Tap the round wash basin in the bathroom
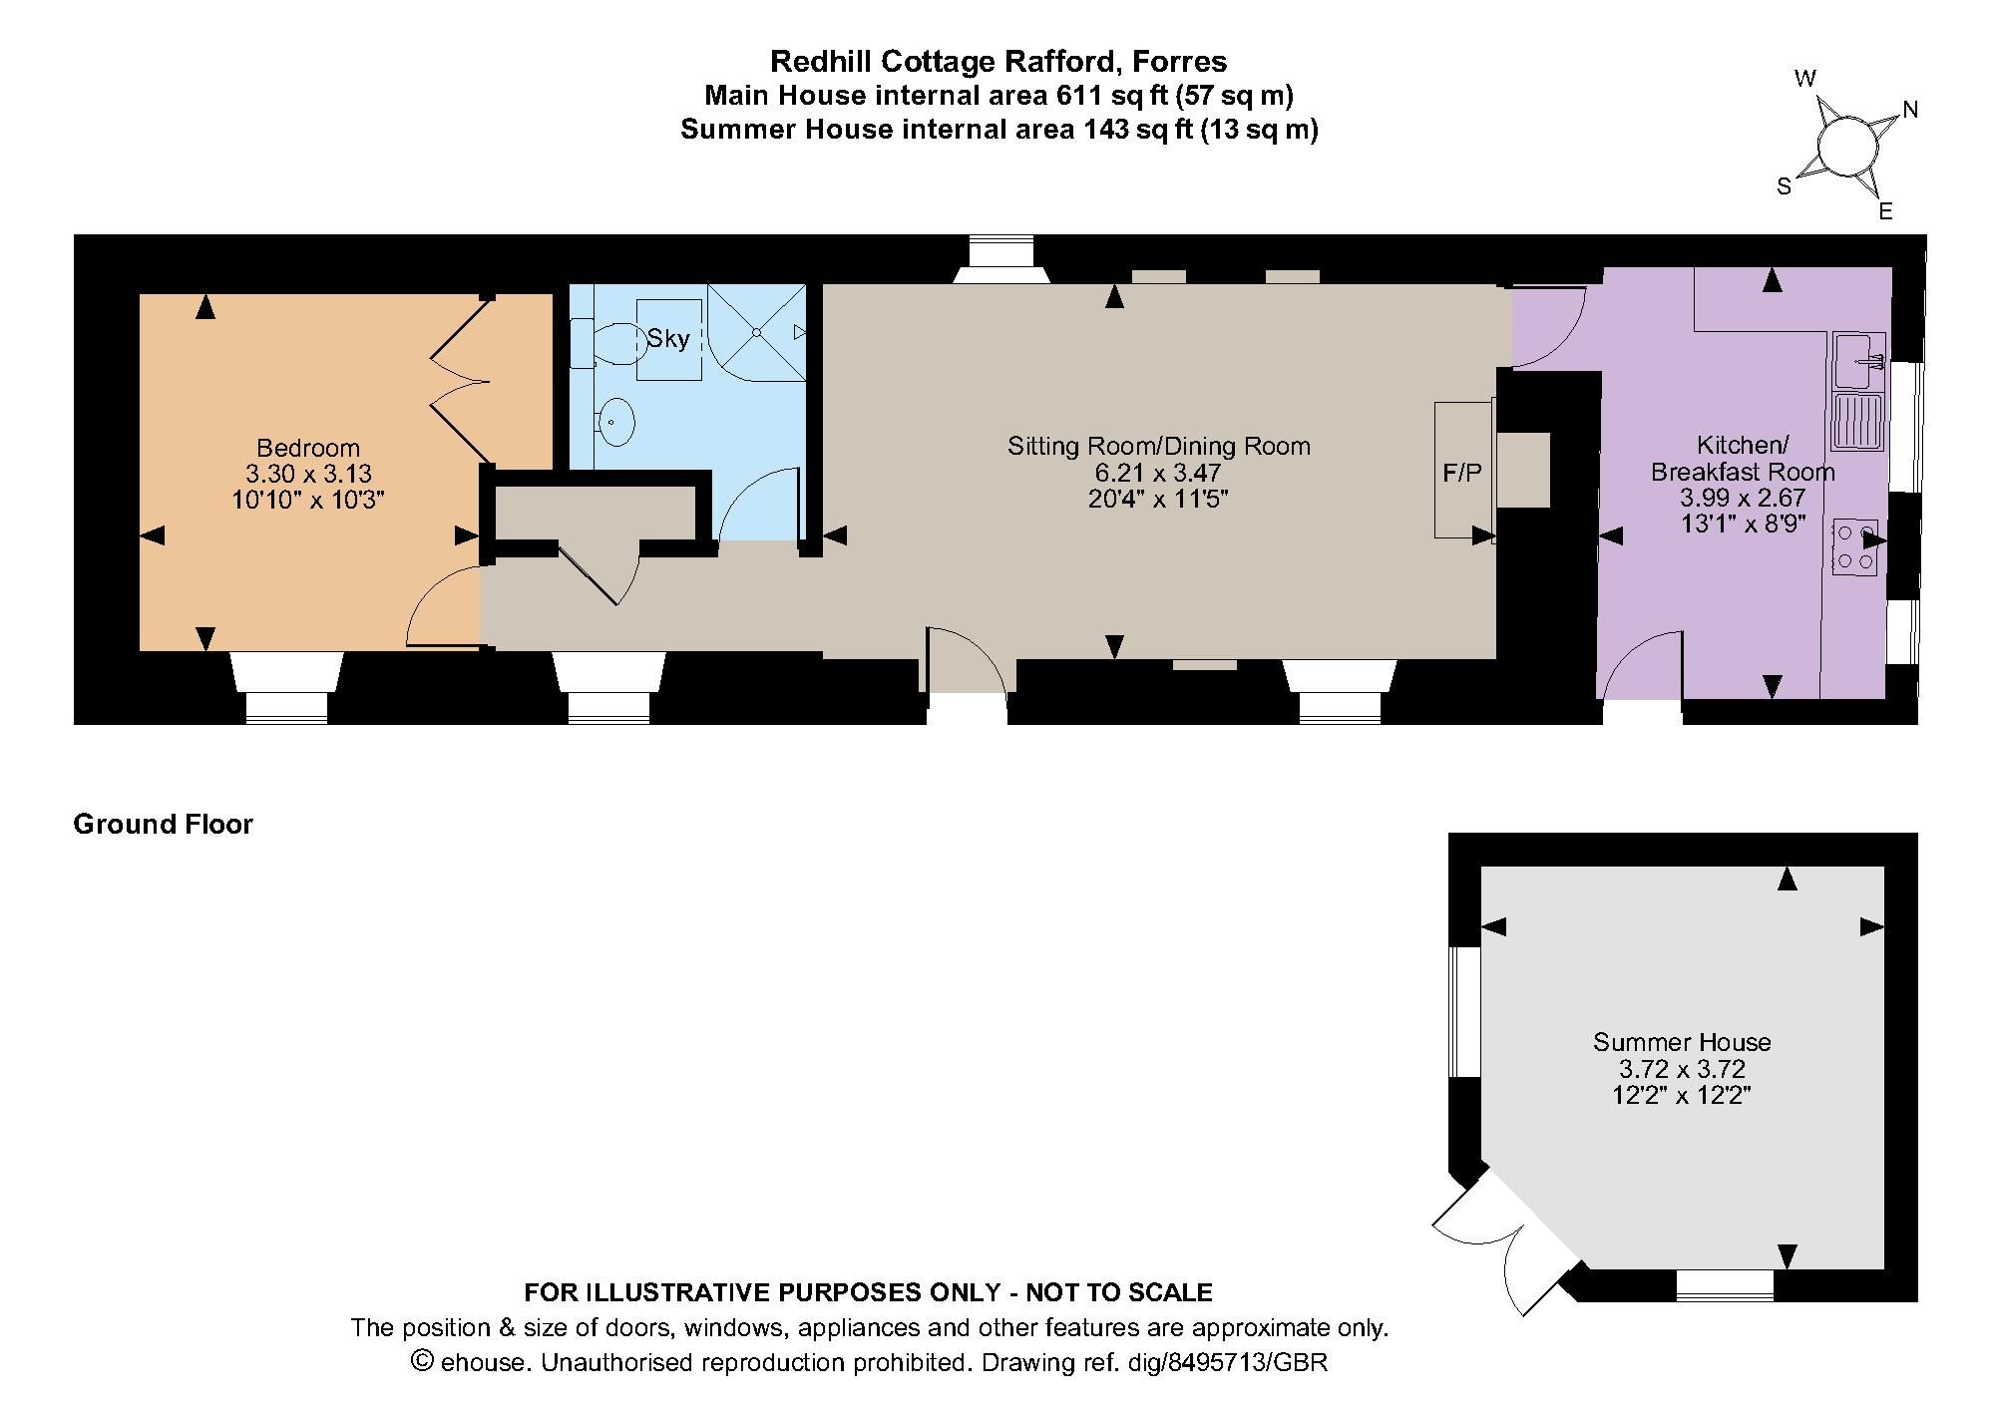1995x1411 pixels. point(617,422)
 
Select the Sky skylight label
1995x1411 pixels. point(668,339)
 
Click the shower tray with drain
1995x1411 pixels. point(756,332)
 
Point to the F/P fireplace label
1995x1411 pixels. point(1462,473)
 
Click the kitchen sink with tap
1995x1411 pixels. point(1858,360)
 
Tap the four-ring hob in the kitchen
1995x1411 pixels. point(1854,546)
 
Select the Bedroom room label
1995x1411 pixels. point(308,448)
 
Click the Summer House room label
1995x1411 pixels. point(1682,1042)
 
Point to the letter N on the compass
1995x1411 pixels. point(1910,110)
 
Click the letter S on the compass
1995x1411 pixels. point(1784,186)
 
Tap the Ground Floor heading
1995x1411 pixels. point(164,824)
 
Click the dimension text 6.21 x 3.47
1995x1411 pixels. point(1158,473)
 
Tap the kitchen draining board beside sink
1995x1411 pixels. point(1857,421)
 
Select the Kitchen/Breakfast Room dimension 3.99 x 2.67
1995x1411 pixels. point(1743,497)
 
